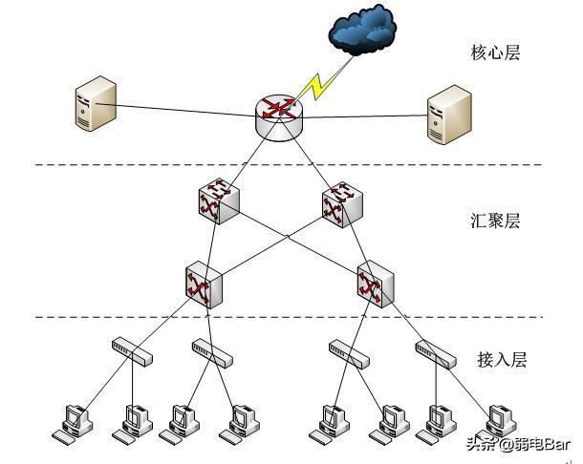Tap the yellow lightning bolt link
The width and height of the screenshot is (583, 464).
tap(315, 85)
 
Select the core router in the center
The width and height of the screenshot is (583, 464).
tap(277, 116)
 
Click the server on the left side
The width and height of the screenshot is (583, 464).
tap(96, 106)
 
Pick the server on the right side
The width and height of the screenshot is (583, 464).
tap(450, 115)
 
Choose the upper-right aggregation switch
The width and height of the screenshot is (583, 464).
tap(338, 203)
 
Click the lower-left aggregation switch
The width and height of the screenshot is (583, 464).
tap(204, 284)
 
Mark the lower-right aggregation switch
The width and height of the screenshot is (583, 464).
tap(373, 284)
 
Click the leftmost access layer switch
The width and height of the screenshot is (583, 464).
tap(131, 350)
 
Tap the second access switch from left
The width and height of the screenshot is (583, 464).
tap(212, 350)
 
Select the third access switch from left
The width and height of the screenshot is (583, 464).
tap(348, 350)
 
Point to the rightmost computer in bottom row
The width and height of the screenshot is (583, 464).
tap(497, 421)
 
